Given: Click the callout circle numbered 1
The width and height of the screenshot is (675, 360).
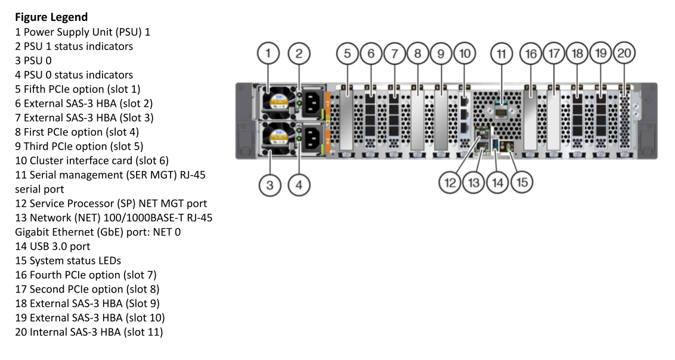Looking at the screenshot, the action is [268, 53].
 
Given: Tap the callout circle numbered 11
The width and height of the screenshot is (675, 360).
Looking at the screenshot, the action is [501, 53].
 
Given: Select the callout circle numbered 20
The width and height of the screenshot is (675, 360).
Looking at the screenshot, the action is [624, 53].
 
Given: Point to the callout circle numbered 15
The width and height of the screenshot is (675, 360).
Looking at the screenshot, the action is [522, 182].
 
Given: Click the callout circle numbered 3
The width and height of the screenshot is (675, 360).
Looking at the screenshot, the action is [270, 185].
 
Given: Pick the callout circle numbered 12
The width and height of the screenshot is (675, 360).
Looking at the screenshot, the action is [450, 182].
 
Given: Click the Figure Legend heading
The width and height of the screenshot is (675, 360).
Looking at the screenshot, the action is [51, 17].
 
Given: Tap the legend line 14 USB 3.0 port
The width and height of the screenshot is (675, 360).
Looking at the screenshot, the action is [52, 246].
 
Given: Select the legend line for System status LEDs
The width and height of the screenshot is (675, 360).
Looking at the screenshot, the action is [68, 260].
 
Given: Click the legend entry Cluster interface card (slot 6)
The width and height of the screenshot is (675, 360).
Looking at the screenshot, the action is [92, 161].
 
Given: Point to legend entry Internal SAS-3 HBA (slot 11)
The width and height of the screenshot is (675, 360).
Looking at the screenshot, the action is [89, 332].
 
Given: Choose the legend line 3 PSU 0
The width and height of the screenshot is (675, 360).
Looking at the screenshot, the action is [33, 61].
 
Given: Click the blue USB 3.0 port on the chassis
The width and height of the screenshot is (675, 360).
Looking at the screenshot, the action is [495, 145].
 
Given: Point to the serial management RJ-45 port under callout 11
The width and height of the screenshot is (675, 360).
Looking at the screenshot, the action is [501, 113].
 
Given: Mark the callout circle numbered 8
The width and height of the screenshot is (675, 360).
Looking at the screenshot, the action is [417, 53].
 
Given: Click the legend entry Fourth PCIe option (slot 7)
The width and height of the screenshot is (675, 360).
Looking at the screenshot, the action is [86, 275].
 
